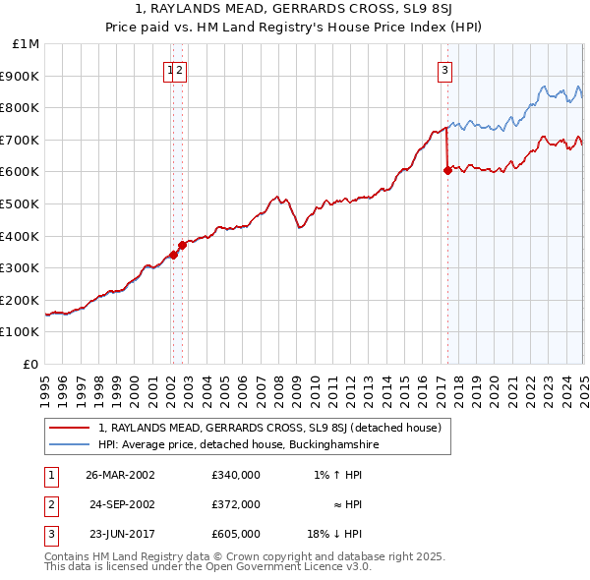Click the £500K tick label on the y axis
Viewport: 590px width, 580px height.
coord(20,203)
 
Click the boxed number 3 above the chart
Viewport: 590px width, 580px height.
coord(445,70)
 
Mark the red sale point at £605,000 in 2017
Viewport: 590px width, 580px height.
coord(447,170)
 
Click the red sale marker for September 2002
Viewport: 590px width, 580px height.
coord(182,245)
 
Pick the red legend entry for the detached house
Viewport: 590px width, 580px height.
coord(270,428)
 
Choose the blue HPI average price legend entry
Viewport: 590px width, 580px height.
coord(238,444)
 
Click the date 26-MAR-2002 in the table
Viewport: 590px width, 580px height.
coord(120,474)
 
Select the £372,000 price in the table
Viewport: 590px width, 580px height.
coord(236,504)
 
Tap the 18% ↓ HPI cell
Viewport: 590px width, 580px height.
coord(334,534)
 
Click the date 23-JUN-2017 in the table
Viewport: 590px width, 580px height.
coord(120,534)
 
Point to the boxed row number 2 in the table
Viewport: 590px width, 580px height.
coord(49,504)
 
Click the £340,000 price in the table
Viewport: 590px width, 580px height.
coord(236,474)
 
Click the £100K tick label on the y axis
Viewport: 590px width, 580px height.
coord(20,331)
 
